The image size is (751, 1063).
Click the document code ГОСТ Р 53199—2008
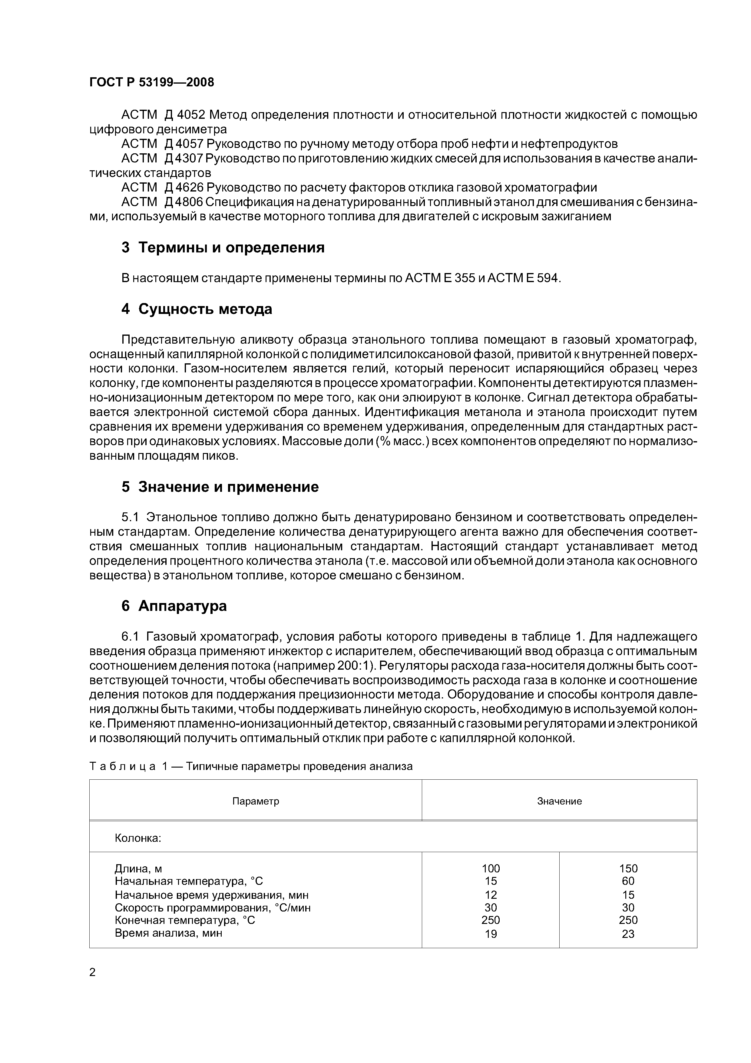coord(152,82)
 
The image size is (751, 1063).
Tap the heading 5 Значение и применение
coord(220,487)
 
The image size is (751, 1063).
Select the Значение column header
coord(559,801)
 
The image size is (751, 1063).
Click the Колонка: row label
coord(138,838)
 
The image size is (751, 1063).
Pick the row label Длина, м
coord(138,868)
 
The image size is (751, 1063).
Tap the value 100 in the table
coord(491,868)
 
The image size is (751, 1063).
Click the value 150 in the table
coord(628,868)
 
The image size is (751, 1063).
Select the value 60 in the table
coord(628,881)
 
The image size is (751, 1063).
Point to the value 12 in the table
coord(491,895)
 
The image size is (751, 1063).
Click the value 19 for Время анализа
coord(491,934)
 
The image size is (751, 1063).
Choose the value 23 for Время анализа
coord(628,934)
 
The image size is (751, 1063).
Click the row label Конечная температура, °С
coord(185,920)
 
